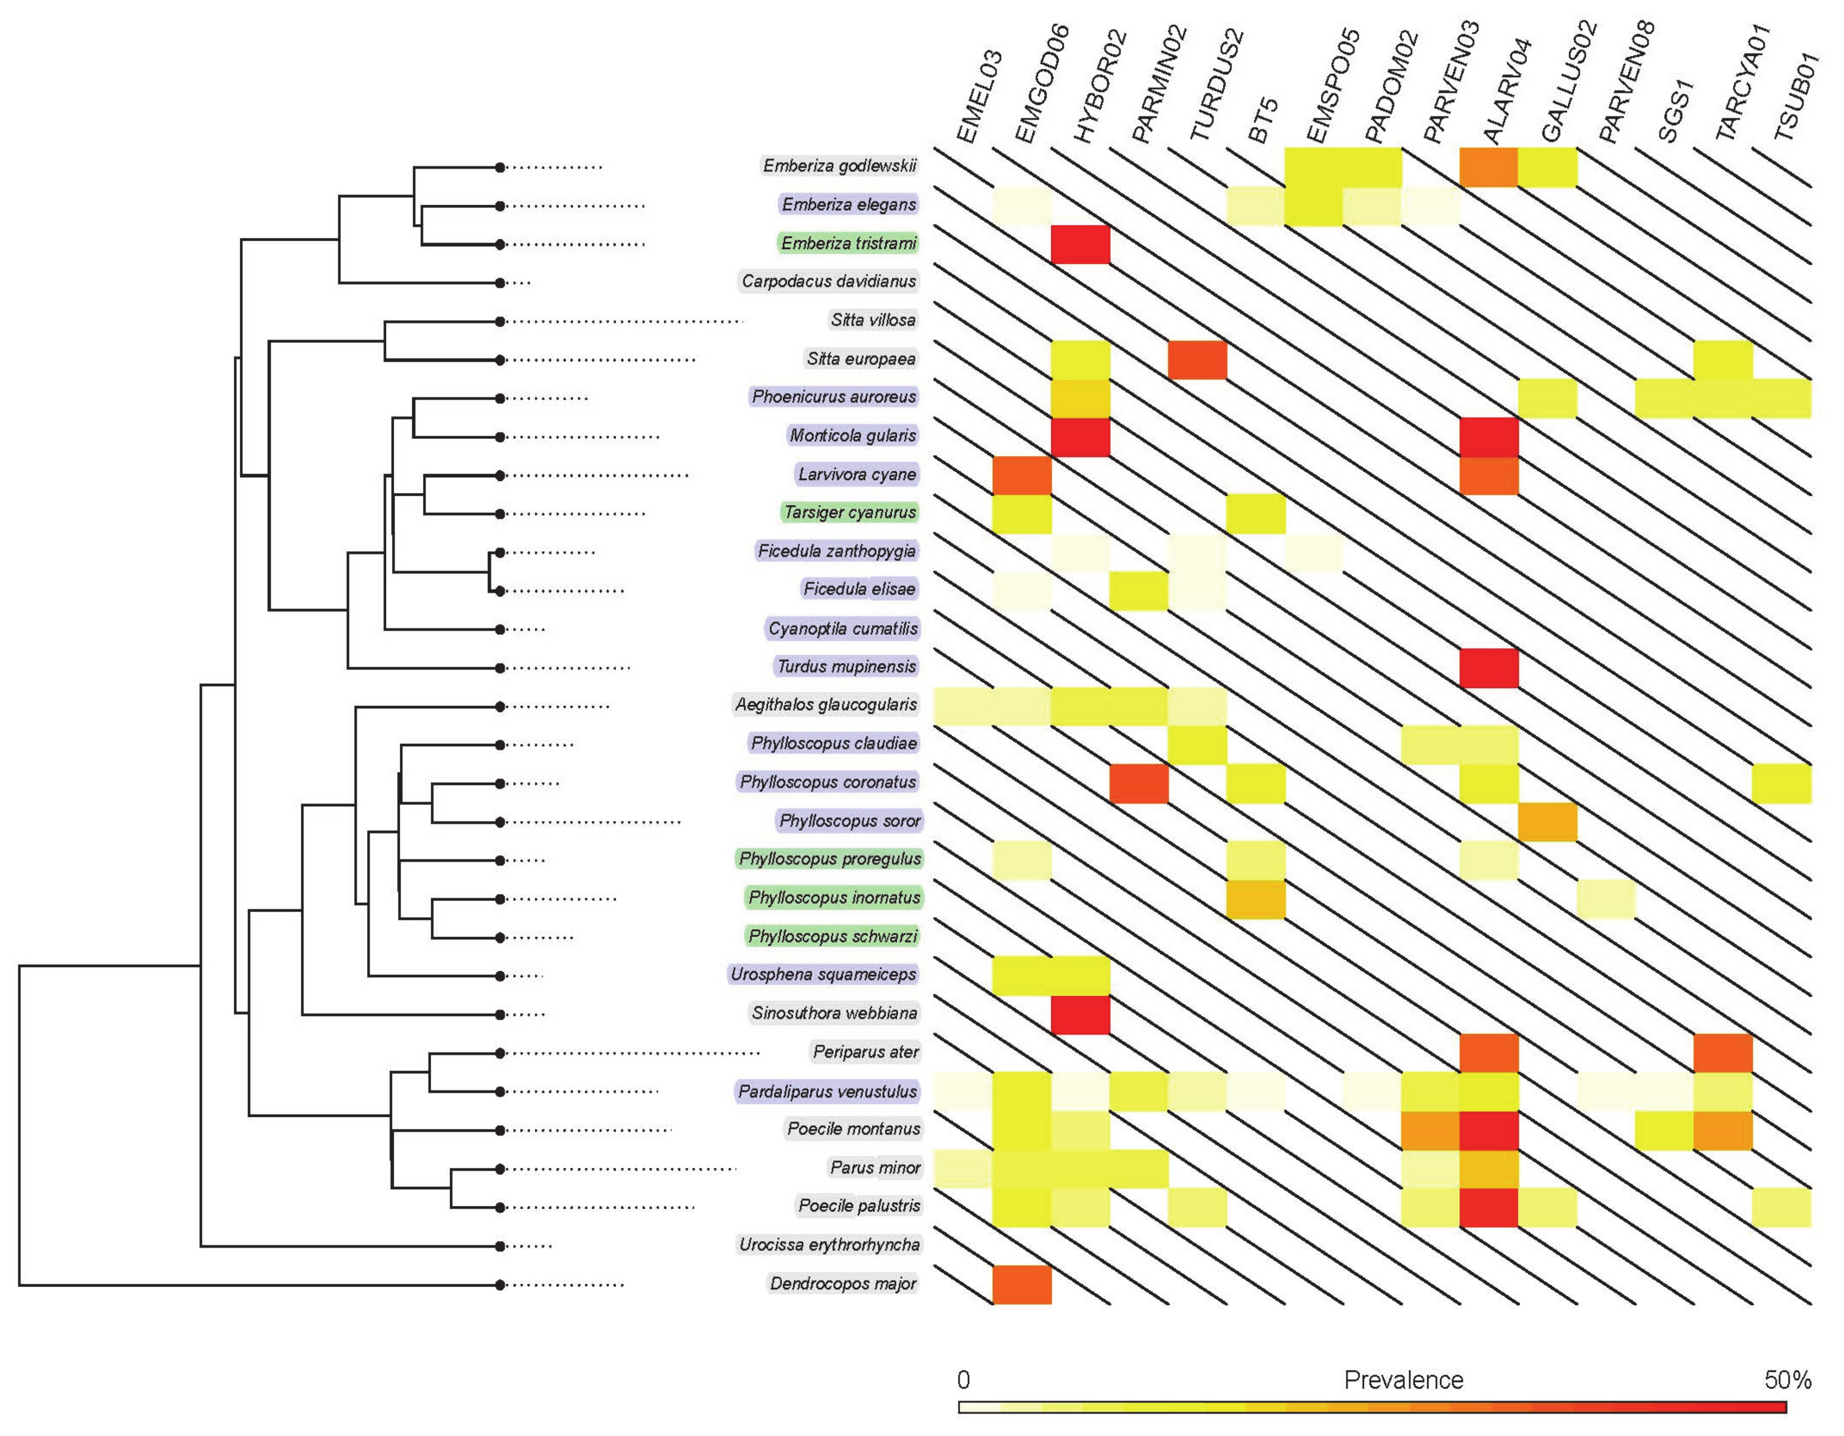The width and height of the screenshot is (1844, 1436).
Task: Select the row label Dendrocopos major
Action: tap(842, 1283)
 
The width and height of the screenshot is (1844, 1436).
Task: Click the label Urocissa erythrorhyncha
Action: tap(829, 1244)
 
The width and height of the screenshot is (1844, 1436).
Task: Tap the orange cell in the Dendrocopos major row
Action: tap(1022, 1284)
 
